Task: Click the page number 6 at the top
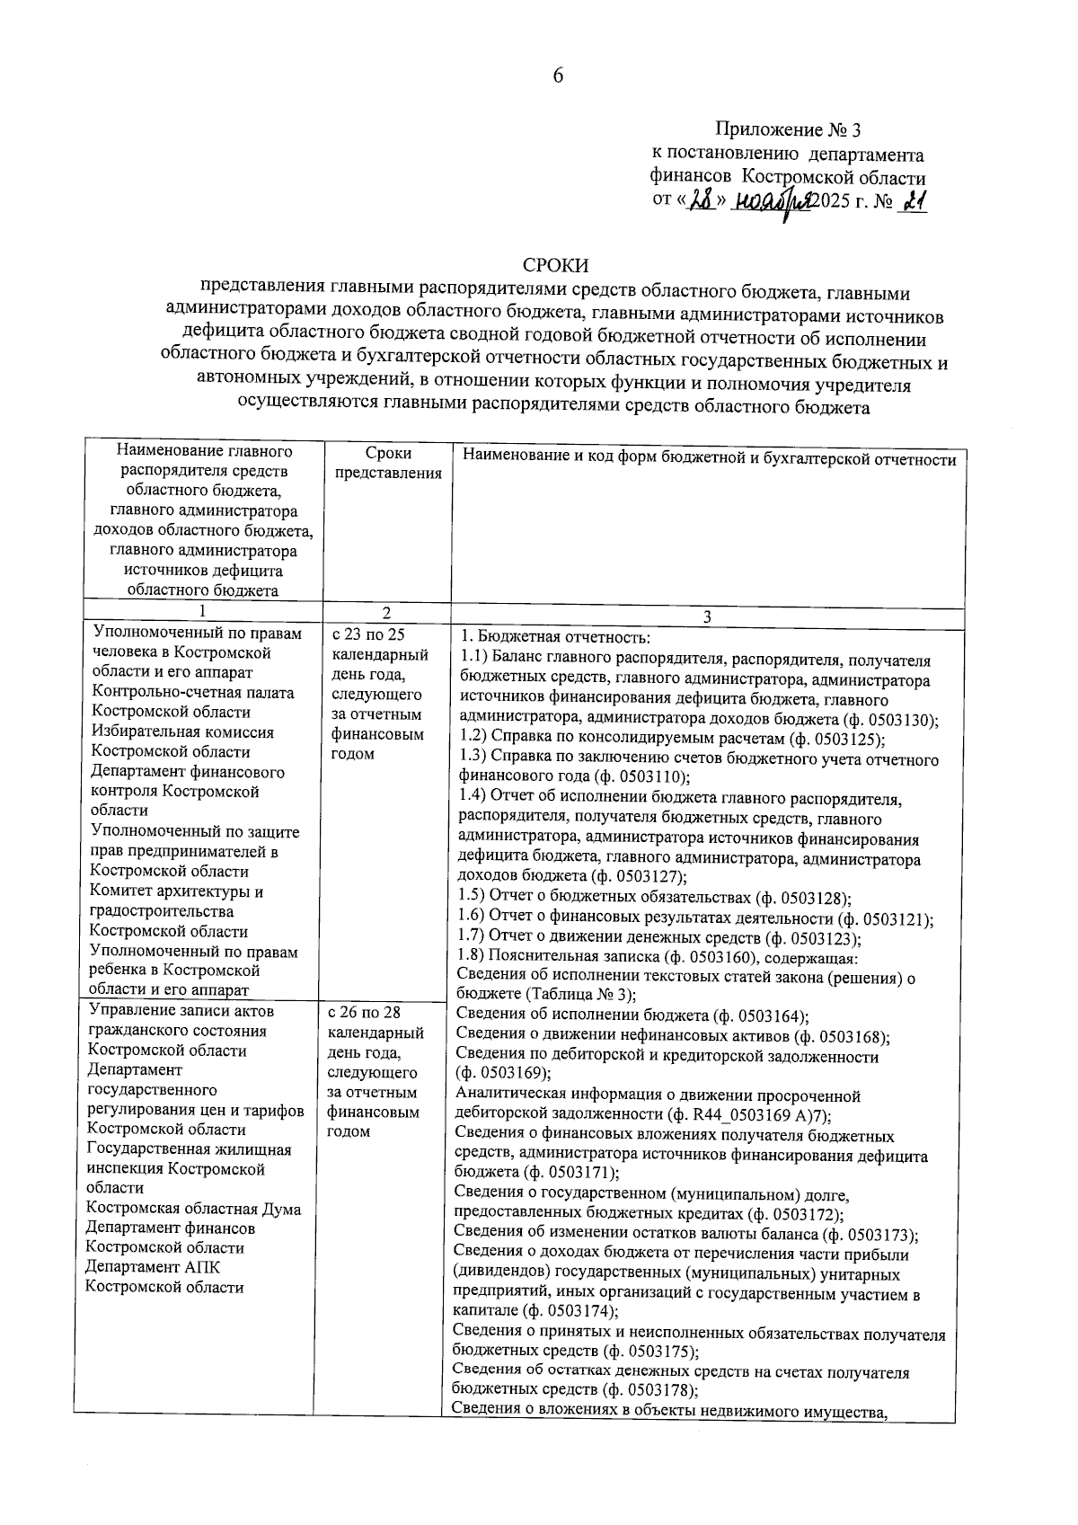click(x=557, y=76)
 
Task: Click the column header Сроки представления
click(x=388, y=464)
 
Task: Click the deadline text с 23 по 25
click(x=368, y=634)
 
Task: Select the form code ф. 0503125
click(x=835, y=740)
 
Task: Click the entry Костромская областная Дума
click(x=193, y=1210)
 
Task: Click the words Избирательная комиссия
click(x=183, y=732)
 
